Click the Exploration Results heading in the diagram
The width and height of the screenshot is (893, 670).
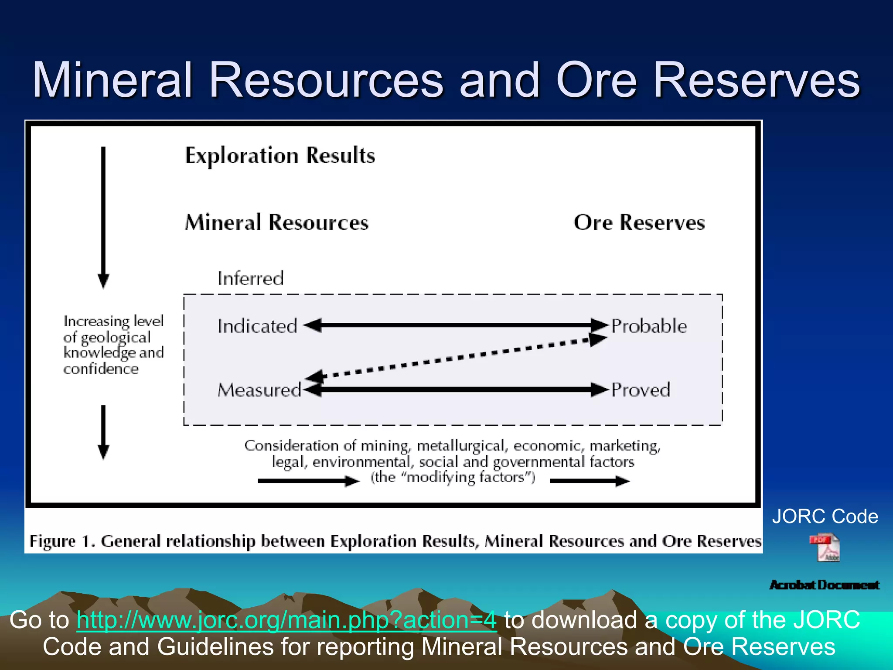280,156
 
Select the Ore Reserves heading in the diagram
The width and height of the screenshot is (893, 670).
639,222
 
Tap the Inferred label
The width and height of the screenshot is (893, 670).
251,279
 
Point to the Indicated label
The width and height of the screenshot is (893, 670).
257,326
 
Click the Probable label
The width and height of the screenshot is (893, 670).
649,326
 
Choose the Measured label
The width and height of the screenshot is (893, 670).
259,390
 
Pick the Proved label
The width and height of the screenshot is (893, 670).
641,390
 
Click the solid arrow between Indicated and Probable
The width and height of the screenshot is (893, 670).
456,325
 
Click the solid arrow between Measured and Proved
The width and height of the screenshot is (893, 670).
456,389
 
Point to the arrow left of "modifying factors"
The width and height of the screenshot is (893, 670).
308,481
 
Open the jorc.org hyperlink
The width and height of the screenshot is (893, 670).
286,620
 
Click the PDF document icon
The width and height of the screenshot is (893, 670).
825,547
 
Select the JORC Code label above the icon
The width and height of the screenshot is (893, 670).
825,516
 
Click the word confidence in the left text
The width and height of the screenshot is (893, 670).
101,369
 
